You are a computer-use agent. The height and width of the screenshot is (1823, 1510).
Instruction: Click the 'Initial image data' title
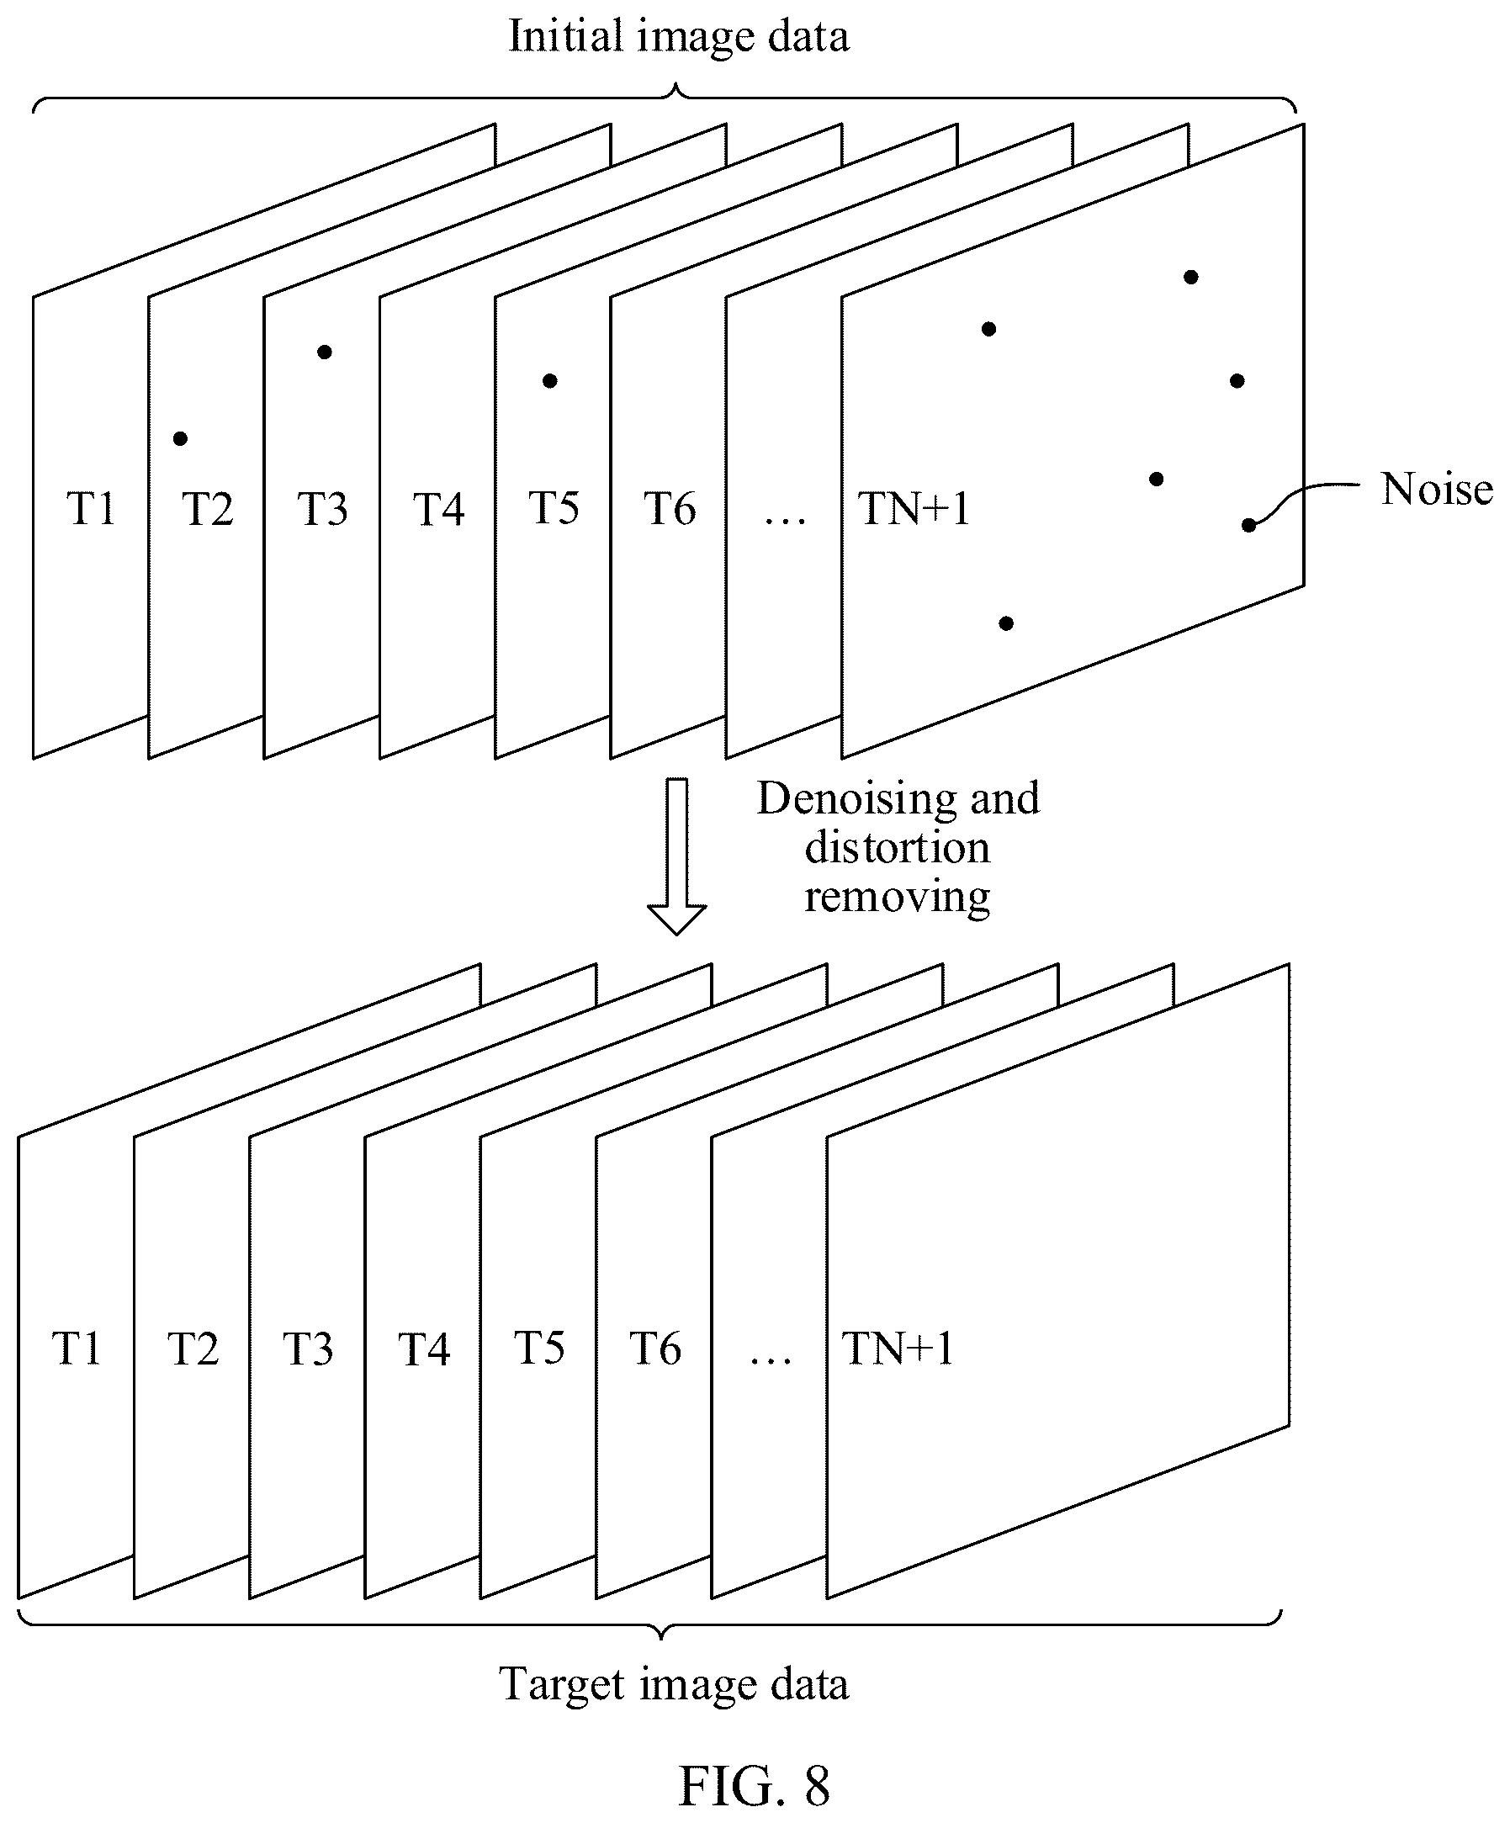click(x=678, y=37)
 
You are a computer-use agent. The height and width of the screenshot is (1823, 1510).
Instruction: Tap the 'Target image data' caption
click(x=674, y=1685)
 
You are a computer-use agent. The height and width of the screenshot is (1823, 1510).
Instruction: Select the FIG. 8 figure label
click(x=753, y=1786)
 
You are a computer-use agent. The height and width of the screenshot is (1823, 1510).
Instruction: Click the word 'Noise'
click(x=1436, y=489)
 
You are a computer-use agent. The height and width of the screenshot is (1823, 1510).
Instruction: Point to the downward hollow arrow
click(x=676, y=856)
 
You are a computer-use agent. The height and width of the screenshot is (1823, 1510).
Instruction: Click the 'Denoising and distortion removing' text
click(x=898, y=846)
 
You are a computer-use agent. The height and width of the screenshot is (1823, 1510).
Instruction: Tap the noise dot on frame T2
click(x=180, y=438)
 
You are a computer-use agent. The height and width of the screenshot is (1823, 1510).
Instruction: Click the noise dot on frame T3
click(x=324, y=352)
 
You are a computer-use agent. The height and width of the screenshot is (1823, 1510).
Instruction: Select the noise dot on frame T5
click(x=549, y=380)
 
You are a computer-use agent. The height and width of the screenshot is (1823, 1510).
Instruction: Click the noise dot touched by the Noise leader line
click(x=1248, y=524)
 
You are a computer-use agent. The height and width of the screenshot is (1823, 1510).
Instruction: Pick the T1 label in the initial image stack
click(x=91, y=508)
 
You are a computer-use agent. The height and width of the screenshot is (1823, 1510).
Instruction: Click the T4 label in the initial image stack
click(x=438, y=509)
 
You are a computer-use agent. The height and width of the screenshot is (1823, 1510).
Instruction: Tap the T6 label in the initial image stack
click(x=669, y=508)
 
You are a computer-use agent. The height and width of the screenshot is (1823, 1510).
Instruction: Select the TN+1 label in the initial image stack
click(x=913, y=508)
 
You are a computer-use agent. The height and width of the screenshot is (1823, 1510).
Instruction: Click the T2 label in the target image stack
click(x=193, y=1349)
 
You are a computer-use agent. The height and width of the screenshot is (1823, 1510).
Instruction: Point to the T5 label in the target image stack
click(x=539, y=1349)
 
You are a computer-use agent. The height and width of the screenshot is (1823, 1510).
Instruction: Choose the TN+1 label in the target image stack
click(x=898, y=1349)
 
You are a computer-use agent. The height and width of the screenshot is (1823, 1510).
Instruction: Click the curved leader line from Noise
click(x=1301, y=495)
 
